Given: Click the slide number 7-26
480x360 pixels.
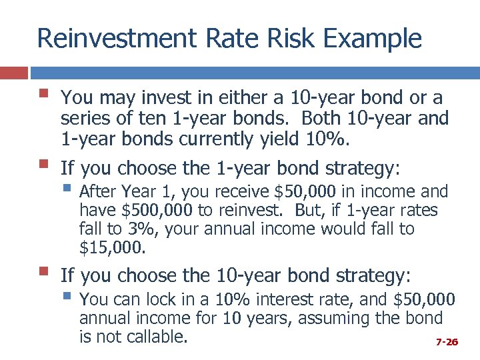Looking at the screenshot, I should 447,342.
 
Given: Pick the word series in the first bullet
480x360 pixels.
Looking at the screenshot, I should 80,119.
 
